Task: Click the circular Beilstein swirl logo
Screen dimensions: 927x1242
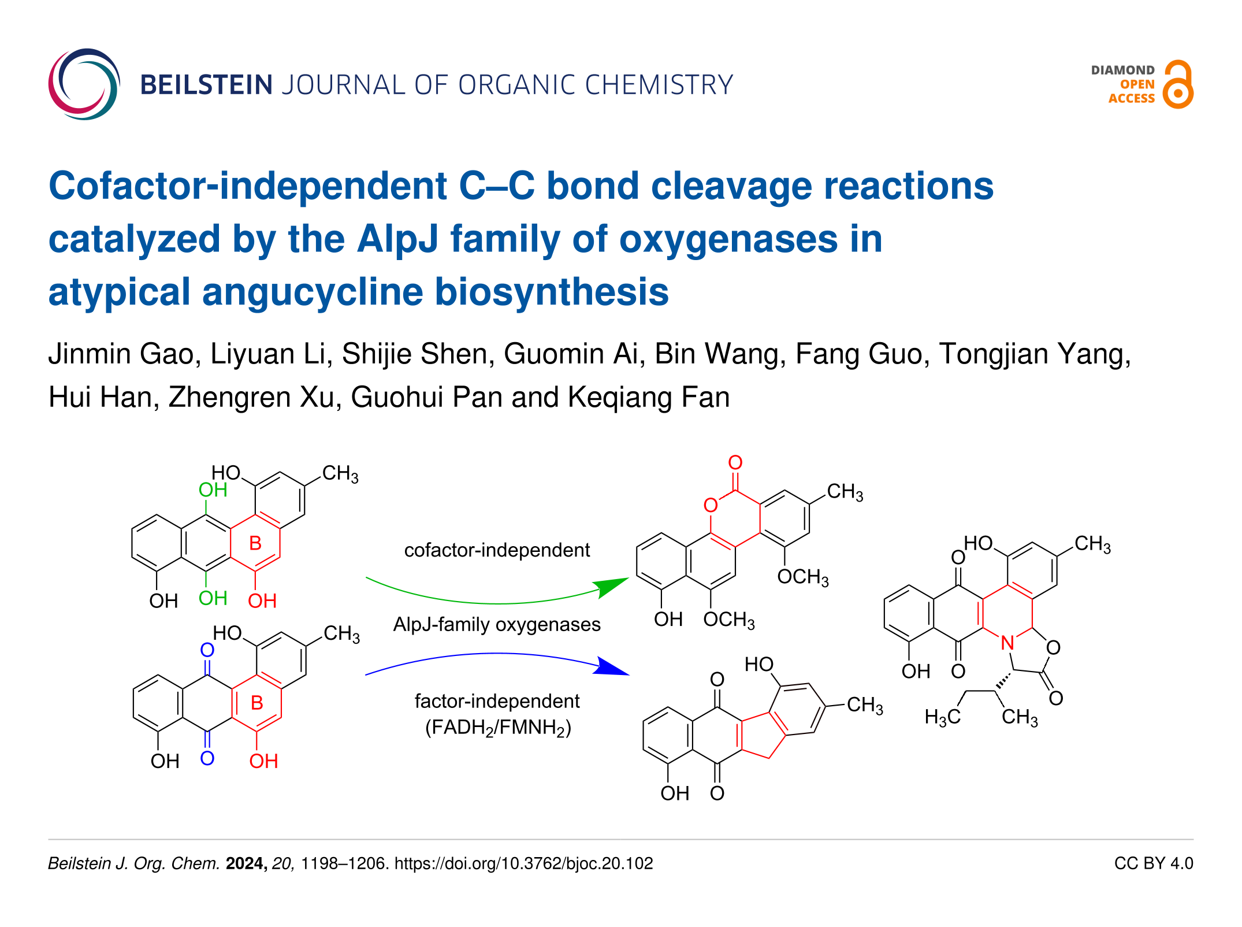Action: tap(84, 84)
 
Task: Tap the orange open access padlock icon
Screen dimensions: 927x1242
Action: tap(1178, 85)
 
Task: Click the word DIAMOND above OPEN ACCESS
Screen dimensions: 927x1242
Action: tap(1122, 70)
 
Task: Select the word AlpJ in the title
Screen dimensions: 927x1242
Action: tap(397, 239)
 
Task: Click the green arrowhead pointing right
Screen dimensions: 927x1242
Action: tap(613, 586)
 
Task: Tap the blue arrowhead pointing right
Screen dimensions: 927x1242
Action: tap(613, 667)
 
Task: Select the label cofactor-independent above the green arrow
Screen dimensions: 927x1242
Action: tap(497, 550)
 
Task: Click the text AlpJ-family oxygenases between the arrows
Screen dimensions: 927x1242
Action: tap(497, 625)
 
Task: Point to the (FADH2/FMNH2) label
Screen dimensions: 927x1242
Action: tap(498, 727)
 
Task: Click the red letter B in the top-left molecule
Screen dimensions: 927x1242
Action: tap(255, 543)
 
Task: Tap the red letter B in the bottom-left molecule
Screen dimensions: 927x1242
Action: tap(257, 703)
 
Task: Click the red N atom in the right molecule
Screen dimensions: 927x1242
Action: tap(1007, 643)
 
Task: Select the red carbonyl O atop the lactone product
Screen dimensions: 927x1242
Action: tap(735, 462)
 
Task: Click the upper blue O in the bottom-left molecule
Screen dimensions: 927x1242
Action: tap(207, 650)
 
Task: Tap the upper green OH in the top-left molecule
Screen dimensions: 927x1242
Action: tap(213, 490)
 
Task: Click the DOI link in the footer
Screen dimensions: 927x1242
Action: tap(523, 863)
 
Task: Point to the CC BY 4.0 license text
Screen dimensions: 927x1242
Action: tap(1153, 863)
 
